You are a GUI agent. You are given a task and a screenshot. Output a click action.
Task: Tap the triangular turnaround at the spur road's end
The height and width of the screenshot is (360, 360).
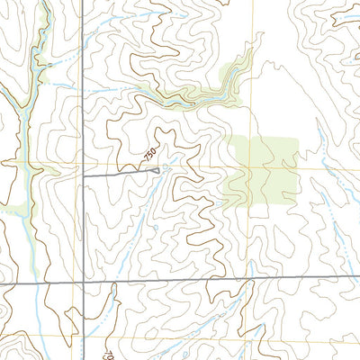coord(157,169)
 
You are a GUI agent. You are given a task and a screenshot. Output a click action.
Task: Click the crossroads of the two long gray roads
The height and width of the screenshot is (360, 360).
coord(83,283)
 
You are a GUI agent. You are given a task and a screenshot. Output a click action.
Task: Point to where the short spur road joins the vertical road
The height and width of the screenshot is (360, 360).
coord(83,176)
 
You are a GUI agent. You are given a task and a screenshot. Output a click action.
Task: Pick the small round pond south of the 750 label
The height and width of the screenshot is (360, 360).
coord(154,228)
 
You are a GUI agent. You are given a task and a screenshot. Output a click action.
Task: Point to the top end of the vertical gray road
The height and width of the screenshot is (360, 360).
coord(82,1)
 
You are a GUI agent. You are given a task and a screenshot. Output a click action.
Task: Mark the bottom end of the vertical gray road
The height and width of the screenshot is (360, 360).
coord(83,358)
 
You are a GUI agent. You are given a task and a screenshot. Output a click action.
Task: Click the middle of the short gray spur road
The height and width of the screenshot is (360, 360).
coord(120,174)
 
